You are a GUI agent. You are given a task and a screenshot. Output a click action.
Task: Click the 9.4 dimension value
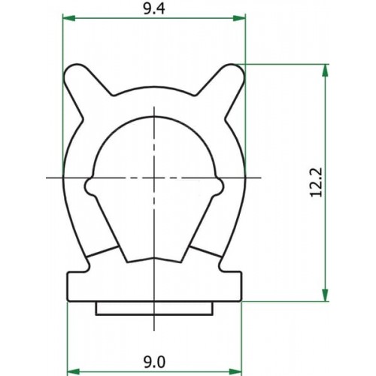pos(154,9)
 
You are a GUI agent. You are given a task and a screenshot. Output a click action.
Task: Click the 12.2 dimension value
pos(316,182)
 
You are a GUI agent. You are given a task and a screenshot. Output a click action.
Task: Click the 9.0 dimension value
pos(154,362)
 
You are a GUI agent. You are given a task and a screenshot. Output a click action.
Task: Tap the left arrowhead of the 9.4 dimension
pos(69,18)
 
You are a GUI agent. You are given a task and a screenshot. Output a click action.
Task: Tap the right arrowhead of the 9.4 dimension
pos(239,18)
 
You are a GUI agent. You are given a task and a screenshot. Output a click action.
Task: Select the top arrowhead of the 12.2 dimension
pos(325,71)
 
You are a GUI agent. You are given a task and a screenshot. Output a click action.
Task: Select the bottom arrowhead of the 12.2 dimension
pos(325,295)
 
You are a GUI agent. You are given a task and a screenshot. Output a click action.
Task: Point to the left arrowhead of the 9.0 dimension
pos(74,371)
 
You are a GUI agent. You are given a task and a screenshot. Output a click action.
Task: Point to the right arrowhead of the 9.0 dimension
pos(235,371)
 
